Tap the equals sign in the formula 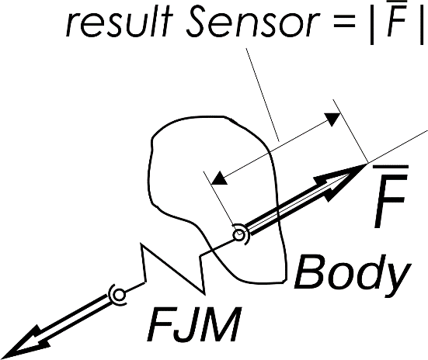point(344,23)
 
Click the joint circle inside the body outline point(239,234)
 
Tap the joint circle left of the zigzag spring point(119,295)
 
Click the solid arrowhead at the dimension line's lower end point(220,179)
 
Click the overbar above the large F point(391,167)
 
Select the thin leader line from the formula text point(263,95)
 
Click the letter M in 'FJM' point(221,324)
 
